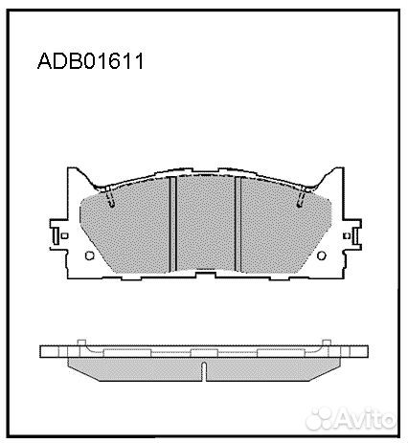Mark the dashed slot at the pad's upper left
point(109,199)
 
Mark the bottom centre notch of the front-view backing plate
point(204,276)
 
